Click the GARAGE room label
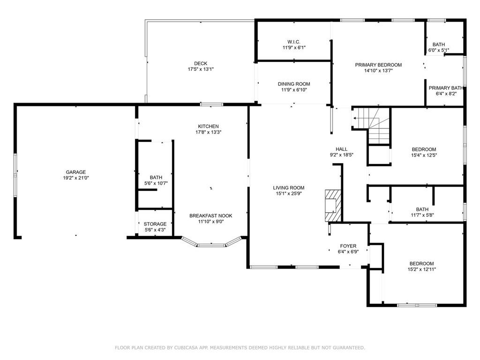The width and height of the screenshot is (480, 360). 75,172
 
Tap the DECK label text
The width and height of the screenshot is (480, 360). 201,63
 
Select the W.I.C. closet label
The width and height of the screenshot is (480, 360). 294,42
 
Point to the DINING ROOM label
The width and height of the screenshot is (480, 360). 294,84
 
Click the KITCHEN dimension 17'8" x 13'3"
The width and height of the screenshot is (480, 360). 209,132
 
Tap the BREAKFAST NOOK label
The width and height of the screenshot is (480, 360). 210,216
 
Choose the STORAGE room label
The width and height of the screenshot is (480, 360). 155,224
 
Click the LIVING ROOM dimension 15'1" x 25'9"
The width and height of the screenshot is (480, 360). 289,194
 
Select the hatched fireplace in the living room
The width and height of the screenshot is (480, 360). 333,205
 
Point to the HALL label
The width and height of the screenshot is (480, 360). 342,149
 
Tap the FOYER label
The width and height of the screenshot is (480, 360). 348,246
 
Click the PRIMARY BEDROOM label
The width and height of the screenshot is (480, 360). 378,65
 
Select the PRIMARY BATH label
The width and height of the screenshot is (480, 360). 446,88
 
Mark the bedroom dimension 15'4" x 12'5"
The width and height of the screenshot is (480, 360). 424,155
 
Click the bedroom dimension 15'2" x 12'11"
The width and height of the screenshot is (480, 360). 422,270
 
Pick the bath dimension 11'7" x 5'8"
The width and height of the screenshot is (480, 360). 422,215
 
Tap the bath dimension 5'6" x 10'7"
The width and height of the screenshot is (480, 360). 156,183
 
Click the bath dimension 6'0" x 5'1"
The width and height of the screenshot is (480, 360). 439,50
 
